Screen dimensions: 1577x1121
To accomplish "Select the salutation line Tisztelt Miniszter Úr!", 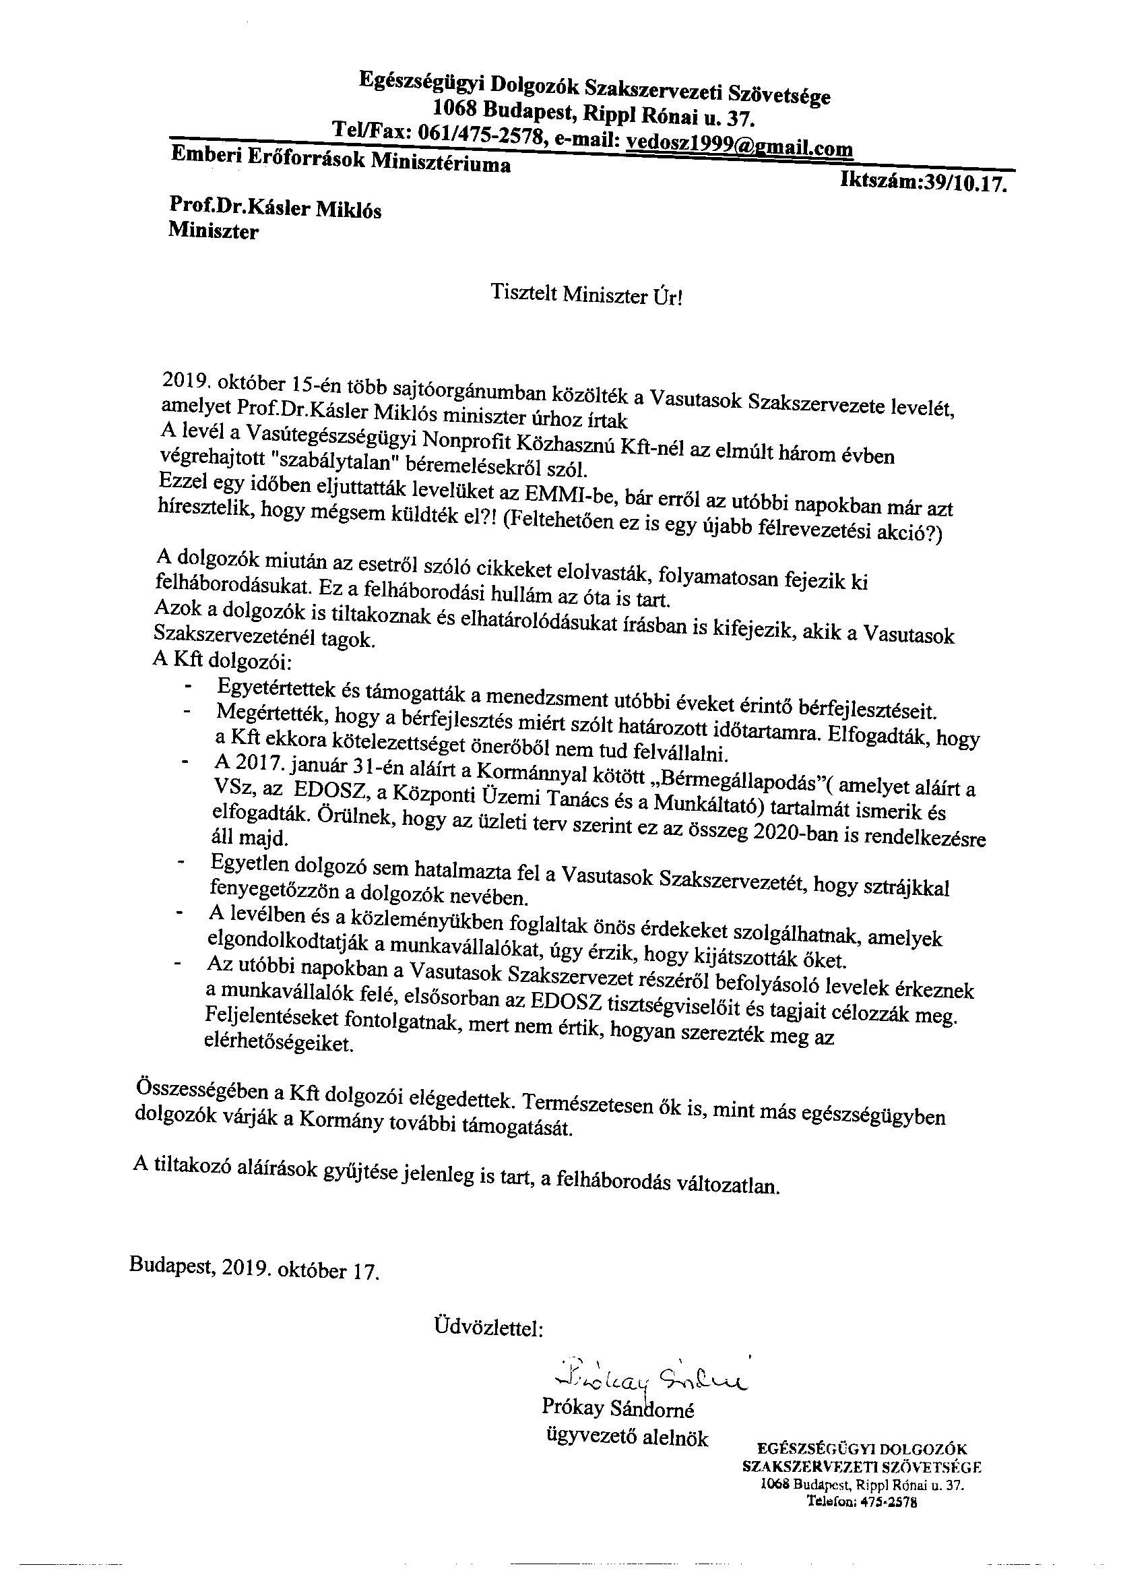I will click(x=587, y=295).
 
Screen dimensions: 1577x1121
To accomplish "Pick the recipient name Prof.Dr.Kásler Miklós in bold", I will click(x=275, y=208).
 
